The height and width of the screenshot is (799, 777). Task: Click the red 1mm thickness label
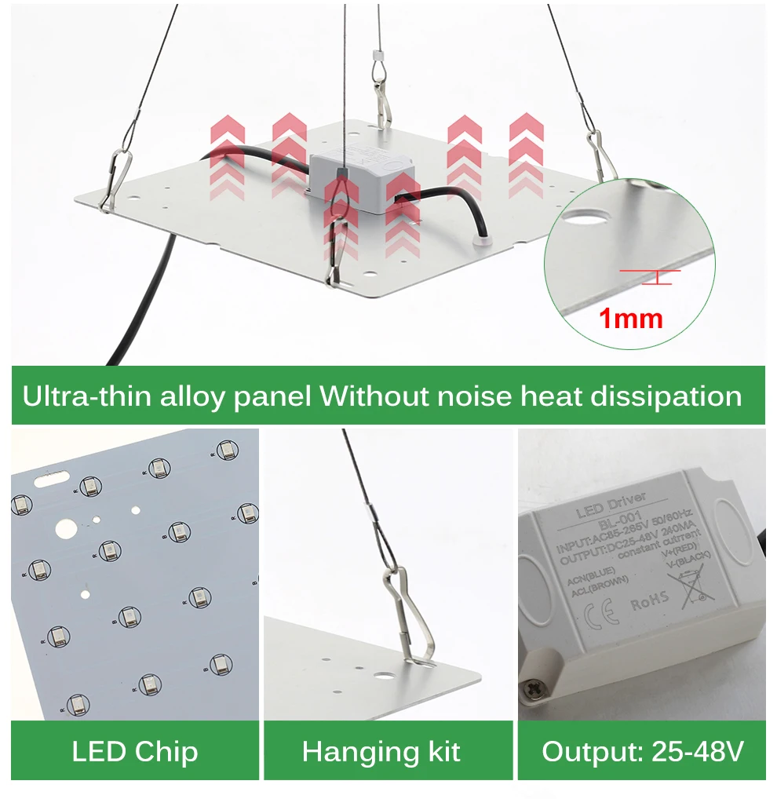[x=631, y=319]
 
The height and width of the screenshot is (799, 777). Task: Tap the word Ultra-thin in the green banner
[x=87, y=396]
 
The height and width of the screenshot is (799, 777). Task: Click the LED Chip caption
[x=134, y=751]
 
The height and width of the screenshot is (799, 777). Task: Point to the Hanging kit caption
[x=381, y=751]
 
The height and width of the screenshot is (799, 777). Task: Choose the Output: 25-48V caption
[x=642, y=751]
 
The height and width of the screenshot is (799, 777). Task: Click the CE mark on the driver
[x=602, y=610]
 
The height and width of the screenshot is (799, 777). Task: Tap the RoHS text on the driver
[x=649, y=601]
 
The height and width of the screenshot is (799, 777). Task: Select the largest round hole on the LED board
[x=67, y=530]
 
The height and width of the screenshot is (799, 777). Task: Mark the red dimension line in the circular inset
[x=651, y=272]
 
